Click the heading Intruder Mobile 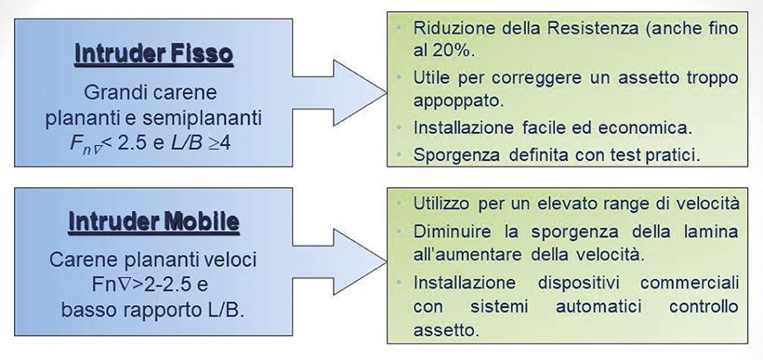(153, 221)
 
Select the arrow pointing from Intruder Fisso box (340, 93)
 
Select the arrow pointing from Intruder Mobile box (340, 262)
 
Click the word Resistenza (584, 28)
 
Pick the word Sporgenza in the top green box (455, 154)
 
